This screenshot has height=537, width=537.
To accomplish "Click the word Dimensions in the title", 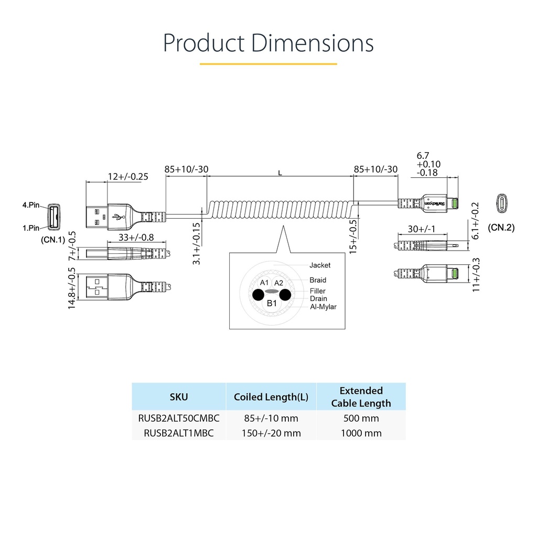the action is [x=313, y=43].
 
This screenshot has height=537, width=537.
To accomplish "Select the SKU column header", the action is [x=179, y=396].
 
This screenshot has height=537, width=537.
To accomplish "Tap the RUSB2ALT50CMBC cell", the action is [x=179, y=418].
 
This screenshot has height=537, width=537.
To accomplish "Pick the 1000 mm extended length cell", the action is [x=361, y=433].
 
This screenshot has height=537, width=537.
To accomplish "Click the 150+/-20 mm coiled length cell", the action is [x=271, y=433].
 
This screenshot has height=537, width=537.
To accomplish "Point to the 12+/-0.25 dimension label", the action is [x=128, y=176].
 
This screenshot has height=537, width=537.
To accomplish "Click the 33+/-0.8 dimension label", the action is [x=136, y=237].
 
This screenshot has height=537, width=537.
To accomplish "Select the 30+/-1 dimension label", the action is [x=421, y=229].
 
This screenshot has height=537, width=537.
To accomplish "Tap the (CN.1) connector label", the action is [x=53, y=239].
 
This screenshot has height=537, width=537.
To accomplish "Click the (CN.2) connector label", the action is [x=501, y=228].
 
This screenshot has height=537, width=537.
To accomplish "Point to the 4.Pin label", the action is [x=31, y=205].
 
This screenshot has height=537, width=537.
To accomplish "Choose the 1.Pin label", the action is [x=31, y=228].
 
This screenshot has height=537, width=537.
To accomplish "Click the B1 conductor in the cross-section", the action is [x=272, y=303].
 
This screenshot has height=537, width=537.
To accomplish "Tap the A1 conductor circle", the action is [x=264, y=283].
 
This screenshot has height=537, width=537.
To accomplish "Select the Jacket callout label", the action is [x=320, y=265].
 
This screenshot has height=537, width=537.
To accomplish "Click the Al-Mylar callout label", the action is [x=323, y=307].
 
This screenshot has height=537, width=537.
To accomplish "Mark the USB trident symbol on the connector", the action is [x=118, y=217].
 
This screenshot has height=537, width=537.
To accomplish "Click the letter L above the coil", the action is [x=280, y=173].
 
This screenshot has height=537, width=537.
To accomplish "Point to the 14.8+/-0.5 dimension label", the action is [x=71, y=288].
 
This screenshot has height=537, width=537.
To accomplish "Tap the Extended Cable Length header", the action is [x=361, y=396].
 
